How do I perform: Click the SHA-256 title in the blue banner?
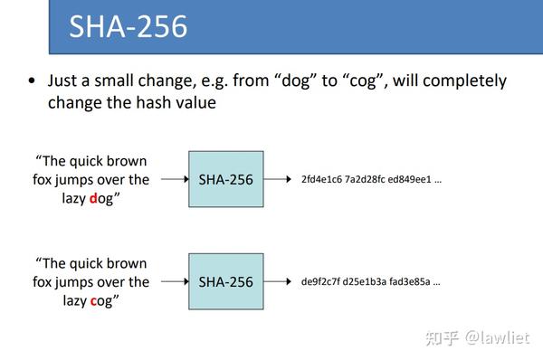129,26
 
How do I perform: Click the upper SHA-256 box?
225,179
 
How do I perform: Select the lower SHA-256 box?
225,282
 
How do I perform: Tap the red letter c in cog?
93,300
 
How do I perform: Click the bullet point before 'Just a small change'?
33,81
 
